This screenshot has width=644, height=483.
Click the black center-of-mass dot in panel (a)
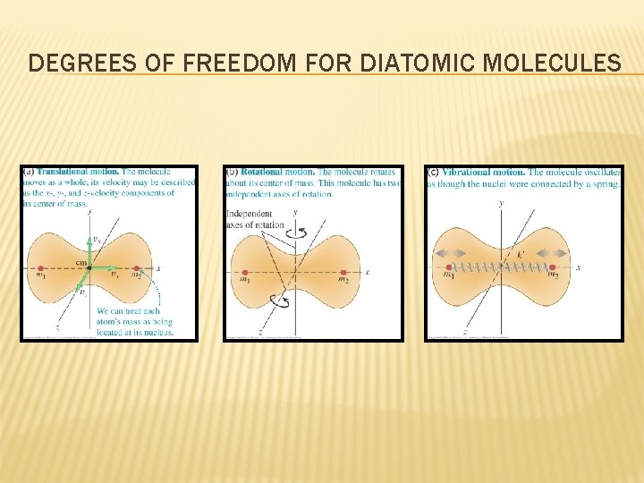tap(89, 267)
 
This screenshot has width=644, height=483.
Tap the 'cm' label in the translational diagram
tap(80, 262)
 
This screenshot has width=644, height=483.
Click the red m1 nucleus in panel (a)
tap(40, 267)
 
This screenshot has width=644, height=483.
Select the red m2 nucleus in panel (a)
tap(138, 267)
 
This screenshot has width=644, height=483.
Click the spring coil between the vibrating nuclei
tap(501, 267)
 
